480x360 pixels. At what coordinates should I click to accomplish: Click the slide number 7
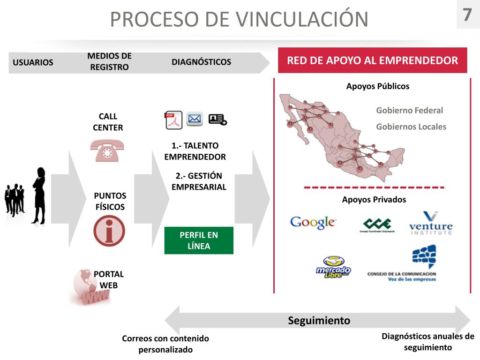[x=467, y=15]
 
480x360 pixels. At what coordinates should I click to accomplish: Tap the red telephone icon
[x=107, y=150]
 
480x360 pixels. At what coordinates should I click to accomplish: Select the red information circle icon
[x=109, y=231]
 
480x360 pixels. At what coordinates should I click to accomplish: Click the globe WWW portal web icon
[x=89, y=287]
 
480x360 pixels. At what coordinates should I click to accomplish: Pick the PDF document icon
[x=173, y=120]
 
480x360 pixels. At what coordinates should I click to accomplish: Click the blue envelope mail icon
[x=195, y=119]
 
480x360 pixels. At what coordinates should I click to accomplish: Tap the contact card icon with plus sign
[x=217, y=120]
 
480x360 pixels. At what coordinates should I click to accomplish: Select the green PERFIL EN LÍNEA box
[x=199, y=240]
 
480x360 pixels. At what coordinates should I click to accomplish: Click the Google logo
[x=313, y=222]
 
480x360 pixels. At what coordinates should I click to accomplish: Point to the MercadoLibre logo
[x=333, y=268]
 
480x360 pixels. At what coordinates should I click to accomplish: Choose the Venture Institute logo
[x=431, y=224]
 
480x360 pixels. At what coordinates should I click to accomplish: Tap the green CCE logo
[x=377, y=224]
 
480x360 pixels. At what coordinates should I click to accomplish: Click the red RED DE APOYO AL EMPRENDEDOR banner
[x=372, y=60]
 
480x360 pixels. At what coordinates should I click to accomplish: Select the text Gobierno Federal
[x=409, y=111]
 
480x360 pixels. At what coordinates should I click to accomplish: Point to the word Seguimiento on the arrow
[x=319, y=321]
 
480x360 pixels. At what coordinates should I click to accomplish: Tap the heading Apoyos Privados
[x=374, y=200]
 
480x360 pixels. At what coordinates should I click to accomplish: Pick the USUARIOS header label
[x=33, y=63]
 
